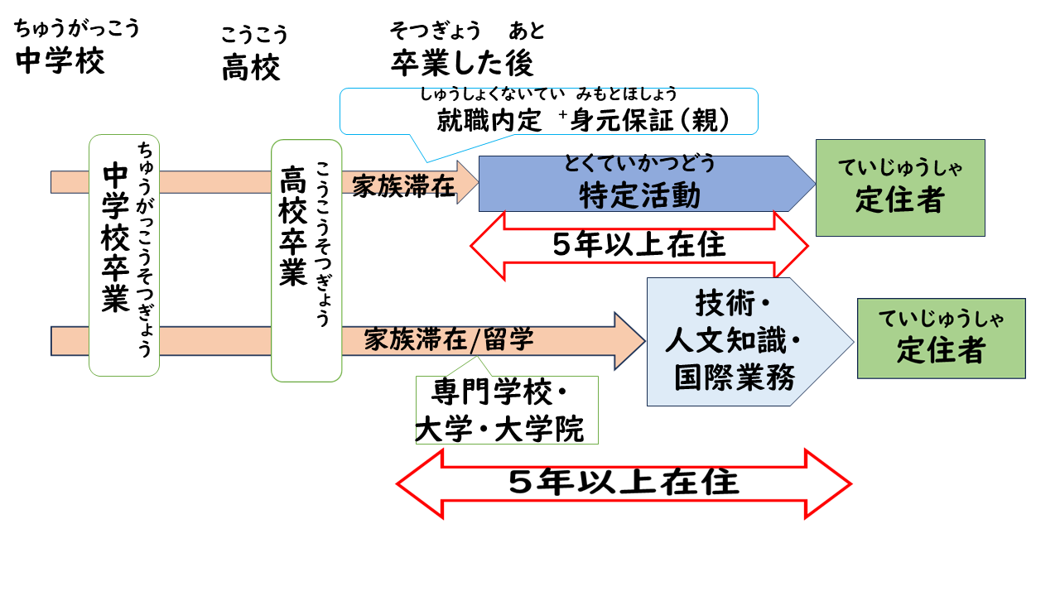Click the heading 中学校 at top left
click(x=60, y=61)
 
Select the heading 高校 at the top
click(x=251, y=68)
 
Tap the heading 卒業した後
click(x=462, y=63)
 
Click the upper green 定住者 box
click(x=899, y=188)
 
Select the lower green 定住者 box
click(x=941, y=339)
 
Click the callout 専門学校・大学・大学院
click(x=506, y=411)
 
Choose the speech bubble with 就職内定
click(x=548, y=111)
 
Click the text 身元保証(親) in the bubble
click(x=651, y=121)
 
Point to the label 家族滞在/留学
click(x=448, y=339)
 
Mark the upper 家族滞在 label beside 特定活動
click(x=403, y=186)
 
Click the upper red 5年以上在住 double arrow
click(x=638, y=245)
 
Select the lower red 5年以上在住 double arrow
click(x=624, y=483)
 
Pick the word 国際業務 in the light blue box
click(x=735, y=378)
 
